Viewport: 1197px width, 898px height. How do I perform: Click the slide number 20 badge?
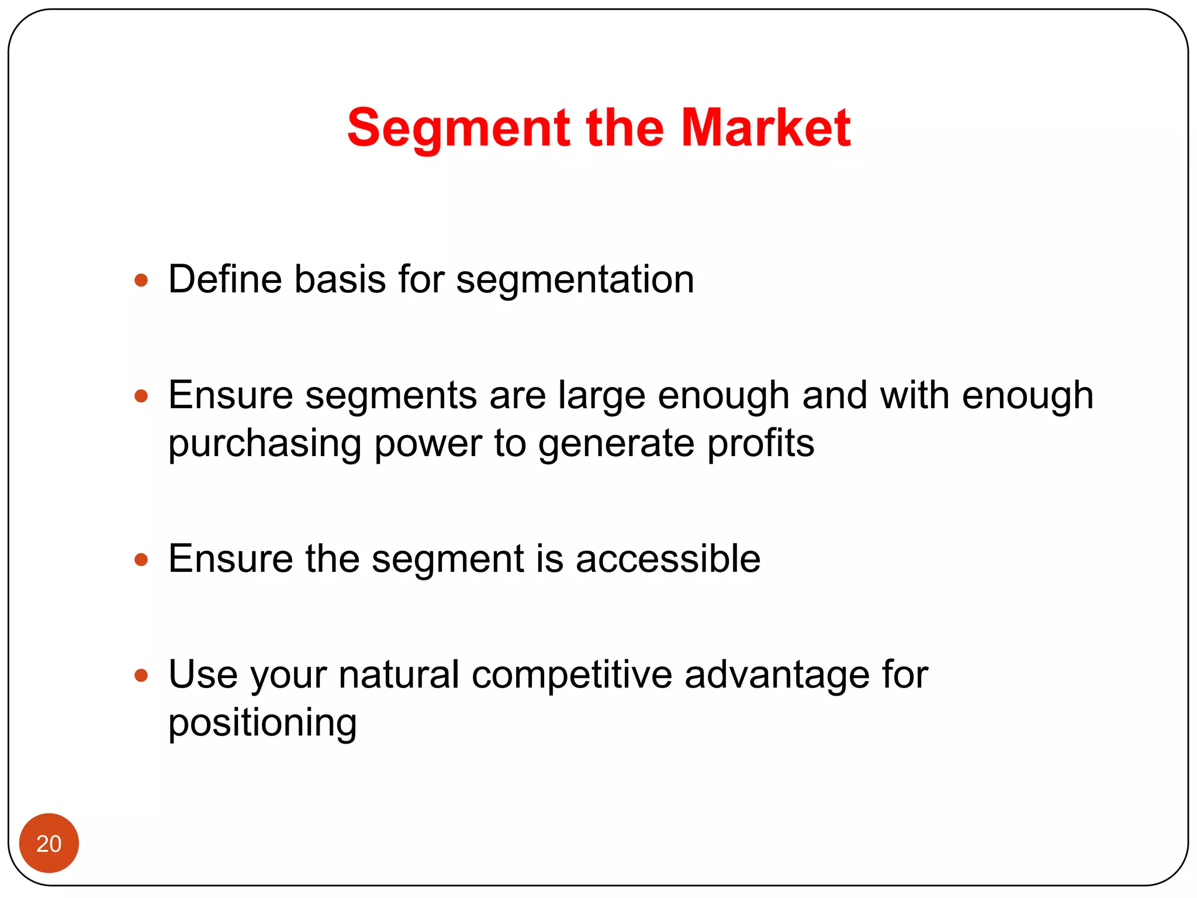pyautogui.click(x=49, y=844)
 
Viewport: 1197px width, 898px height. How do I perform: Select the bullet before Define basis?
pyautogui.click(x=141, y=280)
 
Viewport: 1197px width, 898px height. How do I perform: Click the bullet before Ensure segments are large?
pyautogui.click(x=141, y=396)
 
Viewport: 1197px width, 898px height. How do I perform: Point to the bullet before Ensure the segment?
pyautogui.click(x=141, y=559)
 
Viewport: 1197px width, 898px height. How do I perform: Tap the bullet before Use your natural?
pyautogui.click(x=141, y=676)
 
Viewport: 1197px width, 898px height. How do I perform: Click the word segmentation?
pyautogui.click(x=575, y=279)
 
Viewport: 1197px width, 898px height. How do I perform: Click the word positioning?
pyautogui.click(x=262, y=724)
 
